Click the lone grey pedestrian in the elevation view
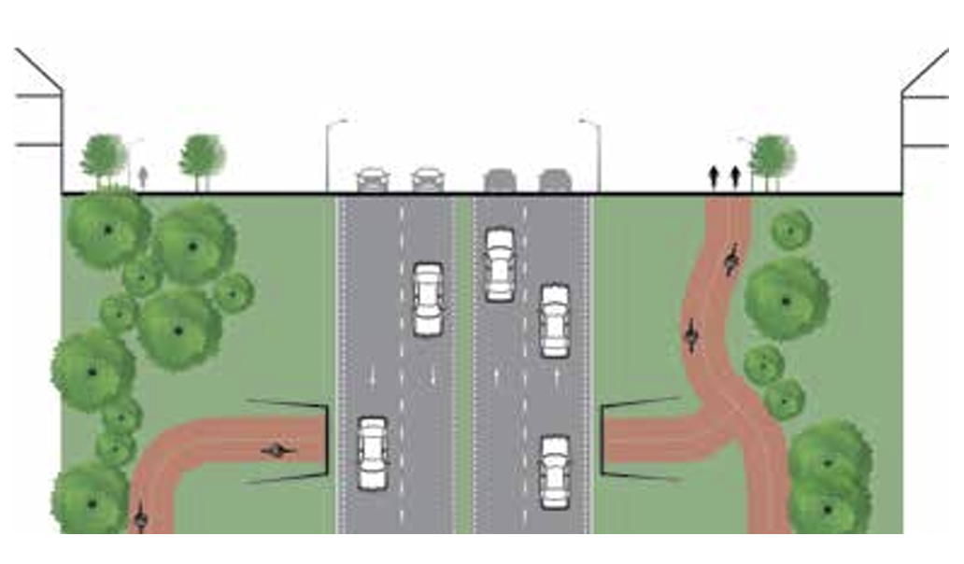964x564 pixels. [x=143, y=176]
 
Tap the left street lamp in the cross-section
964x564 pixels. [x=328, y=154]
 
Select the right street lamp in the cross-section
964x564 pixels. [x=598, y=154]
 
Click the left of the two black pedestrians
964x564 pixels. [x=715, y=176]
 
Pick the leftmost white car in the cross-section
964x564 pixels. [x=373, y=178]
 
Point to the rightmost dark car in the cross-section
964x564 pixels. [x=555, y=179]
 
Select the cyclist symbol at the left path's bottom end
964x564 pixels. [x=140, y=516]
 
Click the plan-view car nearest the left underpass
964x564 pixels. [x=373, y=453]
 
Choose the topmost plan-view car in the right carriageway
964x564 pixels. [x=500, y=265]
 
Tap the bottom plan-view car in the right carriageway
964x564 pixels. [x=555, y=472]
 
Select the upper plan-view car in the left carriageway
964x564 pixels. [x=428, y=299]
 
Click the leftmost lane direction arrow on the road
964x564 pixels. [x=373, y=376]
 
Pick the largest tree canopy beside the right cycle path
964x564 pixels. [x=786, y=299]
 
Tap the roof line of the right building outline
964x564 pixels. [x=925, y=70]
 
